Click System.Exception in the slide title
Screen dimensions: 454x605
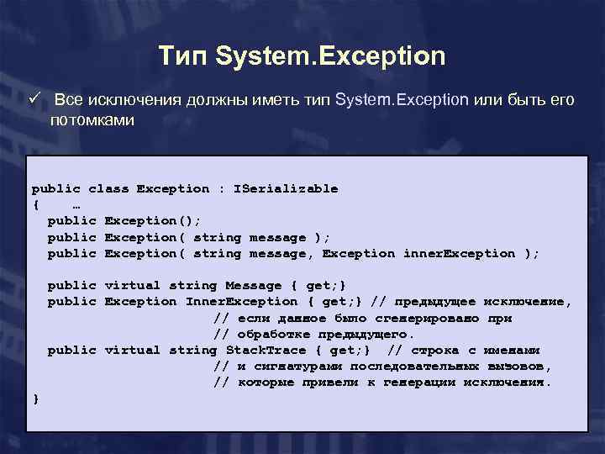(x=330, y=56)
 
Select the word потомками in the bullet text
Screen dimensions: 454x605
(x=92, y=120)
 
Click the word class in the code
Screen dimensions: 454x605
(x=108, y=188)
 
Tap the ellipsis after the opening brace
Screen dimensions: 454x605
(x=76, y=204)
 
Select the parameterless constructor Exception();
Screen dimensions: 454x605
(x=153, y=220)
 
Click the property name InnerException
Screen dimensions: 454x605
(x=241, y=301)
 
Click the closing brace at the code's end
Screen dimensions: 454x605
(x=35, y=399)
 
